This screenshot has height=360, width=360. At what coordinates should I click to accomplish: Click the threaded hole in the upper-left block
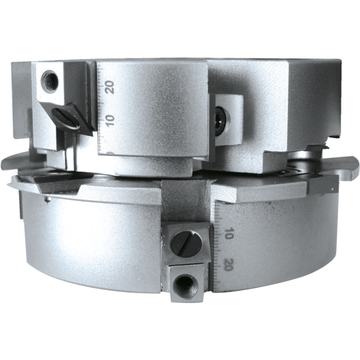49,81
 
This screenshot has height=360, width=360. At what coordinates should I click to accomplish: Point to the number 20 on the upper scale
109,87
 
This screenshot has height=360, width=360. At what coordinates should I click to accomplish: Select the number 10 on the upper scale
110,120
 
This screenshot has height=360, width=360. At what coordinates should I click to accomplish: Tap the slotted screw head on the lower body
186,244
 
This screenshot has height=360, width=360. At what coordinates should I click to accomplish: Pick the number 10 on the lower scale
228,233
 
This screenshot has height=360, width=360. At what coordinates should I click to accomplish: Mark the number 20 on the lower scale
228,264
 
